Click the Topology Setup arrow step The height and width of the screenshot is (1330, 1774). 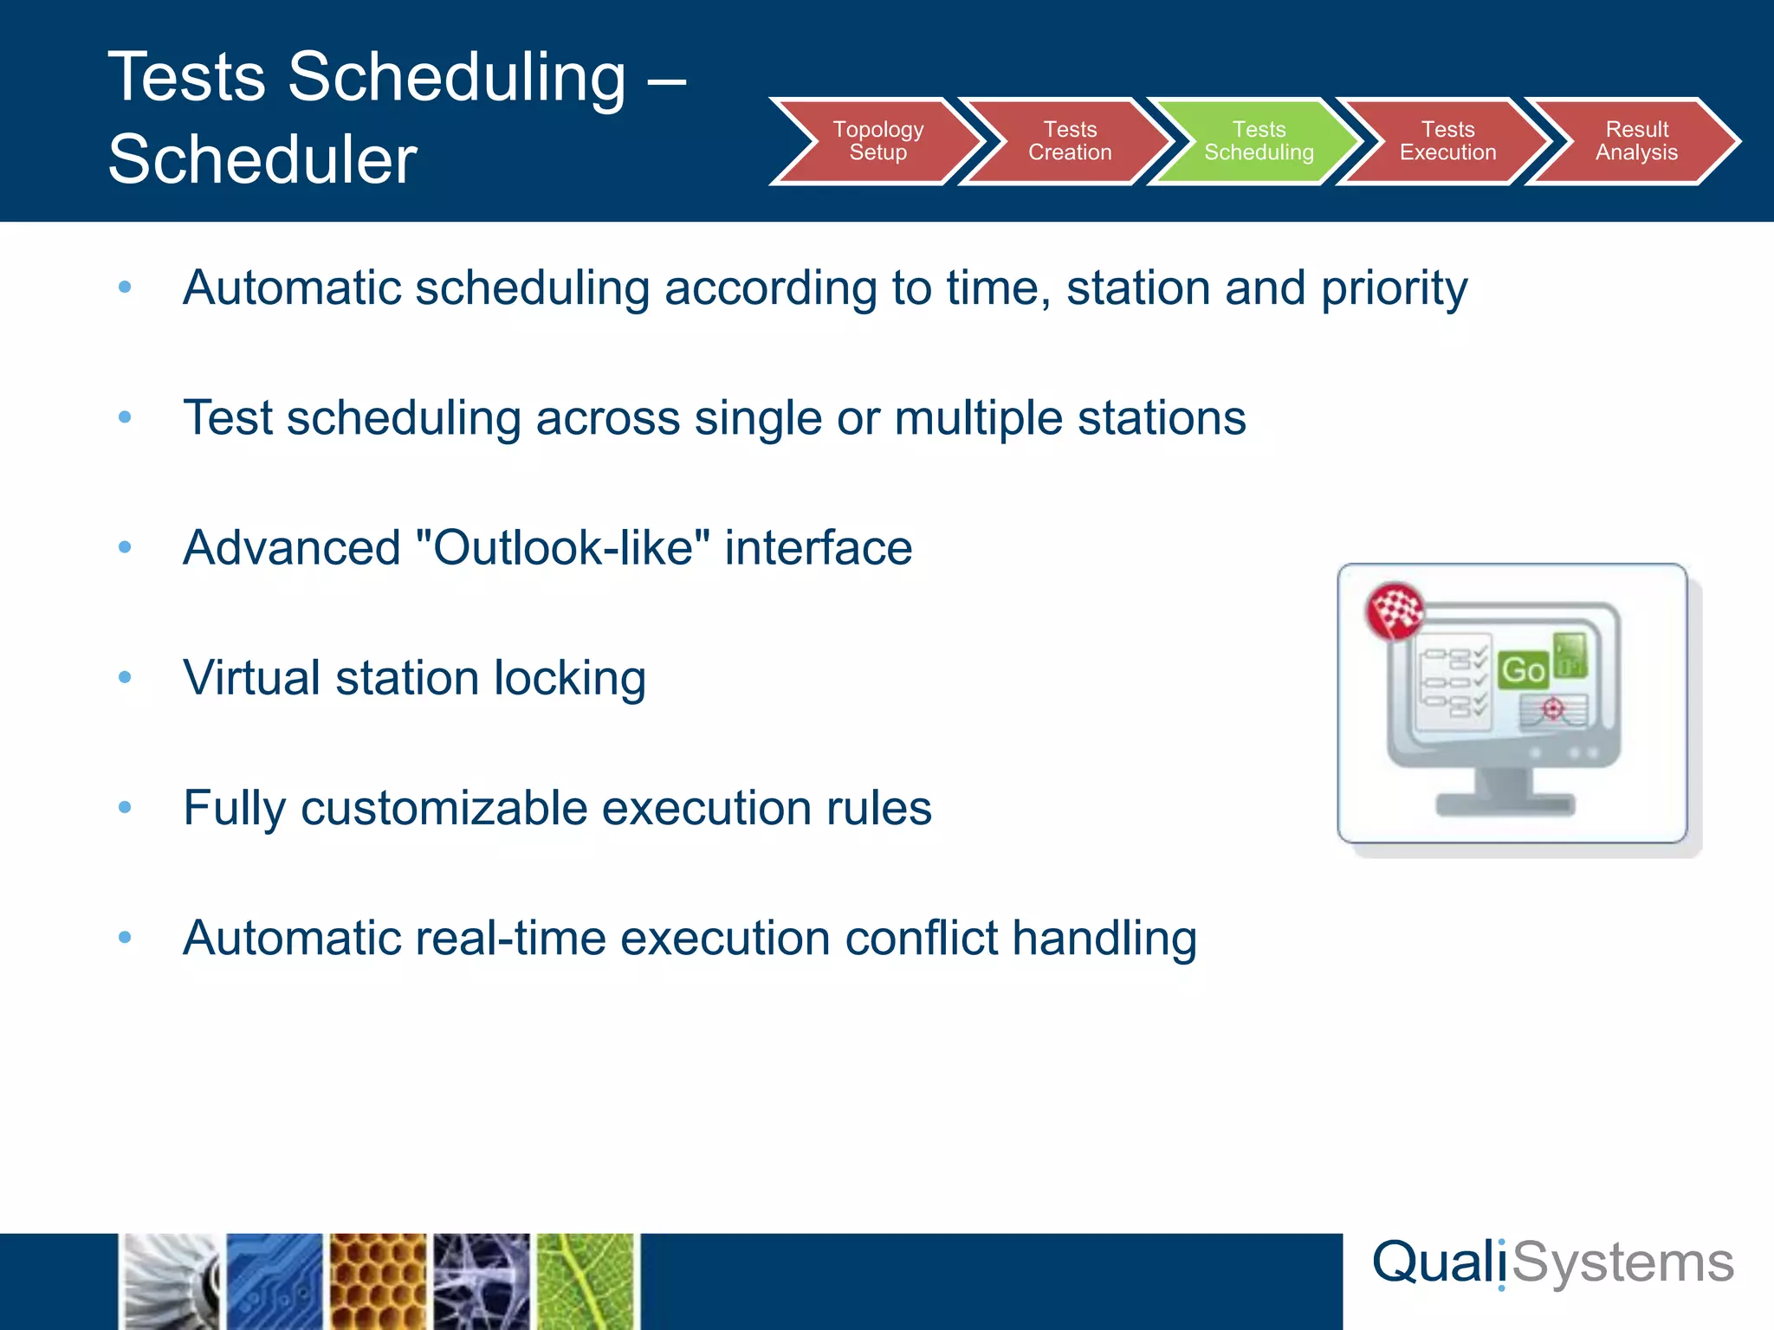coord(877,141)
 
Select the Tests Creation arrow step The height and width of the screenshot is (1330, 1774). coord(1069,141)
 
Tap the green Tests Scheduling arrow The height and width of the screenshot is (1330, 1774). coord(1258,141)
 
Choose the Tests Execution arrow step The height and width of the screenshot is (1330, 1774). coord(1447,141)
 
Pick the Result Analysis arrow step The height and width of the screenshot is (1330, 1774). coord(1635,141)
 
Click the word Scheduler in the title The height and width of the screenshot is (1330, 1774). coord(262,160)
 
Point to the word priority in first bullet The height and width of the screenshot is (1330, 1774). coord(1394,288)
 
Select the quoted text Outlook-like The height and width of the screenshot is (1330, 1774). coord(563,548)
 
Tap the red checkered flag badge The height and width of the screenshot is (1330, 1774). coord(1395,610)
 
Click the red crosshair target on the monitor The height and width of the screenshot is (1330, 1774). coord(1553,710)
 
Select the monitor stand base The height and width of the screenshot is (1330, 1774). coord(1505,805)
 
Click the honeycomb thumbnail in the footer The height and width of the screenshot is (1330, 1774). coord(379,1282)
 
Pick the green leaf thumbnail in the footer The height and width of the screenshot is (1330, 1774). coord(586,1282)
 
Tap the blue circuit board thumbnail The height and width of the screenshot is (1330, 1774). coord(275,1282)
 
